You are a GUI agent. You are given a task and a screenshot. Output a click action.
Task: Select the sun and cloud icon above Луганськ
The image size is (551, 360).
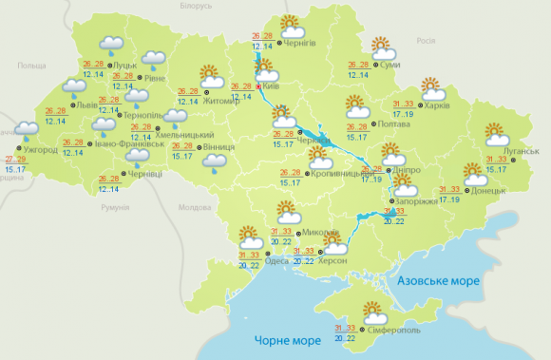pos(495,135)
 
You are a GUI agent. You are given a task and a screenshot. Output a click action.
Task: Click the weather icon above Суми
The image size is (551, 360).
pos(382,47)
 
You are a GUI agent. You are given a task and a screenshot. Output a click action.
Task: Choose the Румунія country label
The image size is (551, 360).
pos(114,207)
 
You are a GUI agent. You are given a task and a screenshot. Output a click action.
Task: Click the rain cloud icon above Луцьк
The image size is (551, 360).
pos(111,46)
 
